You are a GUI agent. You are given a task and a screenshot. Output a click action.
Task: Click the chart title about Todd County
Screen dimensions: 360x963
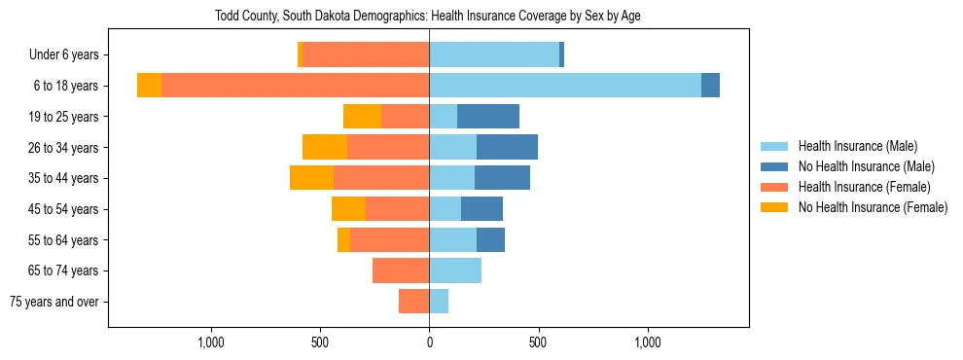427,16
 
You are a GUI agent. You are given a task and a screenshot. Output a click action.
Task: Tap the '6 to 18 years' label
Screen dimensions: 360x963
66,86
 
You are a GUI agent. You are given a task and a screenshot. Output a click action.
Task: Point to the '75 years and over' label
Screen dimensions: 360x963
54,302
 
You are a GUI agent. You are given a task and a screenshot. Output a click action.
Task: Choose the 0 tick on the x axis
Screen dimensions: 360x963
429,342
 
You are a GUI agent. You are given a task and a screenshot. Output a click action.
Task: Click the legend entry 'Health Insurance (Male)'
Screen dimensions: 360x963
857,147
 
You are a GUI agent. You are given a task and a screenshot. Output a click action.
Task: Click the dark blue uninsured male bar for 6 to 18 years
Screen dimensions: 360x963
710,86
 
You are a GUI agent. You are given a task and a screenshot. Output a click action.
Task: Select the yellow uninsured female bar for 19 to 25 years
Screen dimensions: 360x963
362,117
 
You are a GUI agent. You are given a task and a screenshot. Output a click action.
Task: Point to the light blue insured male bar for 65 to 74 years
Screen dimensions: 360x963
455,270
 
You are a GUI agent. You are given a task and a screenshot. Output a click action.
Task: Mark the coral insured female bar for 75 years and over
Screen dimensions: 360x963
413,302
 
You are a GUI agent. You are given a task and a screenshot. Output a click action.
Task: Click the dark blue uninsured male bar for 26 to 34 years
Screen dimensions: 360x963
507,148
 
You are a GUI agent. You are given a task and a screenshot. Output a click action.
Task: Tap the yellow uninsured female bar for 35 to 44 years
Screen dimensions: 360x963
311,178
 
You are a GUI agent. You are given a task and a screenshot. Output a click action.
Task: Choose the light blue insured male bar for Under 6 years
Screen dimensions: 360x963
494,55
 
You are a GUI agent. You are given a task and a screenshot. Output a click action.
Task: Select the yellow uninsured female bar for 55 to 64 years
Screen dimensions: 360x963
343,240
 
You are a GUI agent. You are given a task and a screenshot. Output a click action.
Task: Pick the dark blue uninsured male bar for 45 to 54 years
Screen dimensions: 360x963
481,209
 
